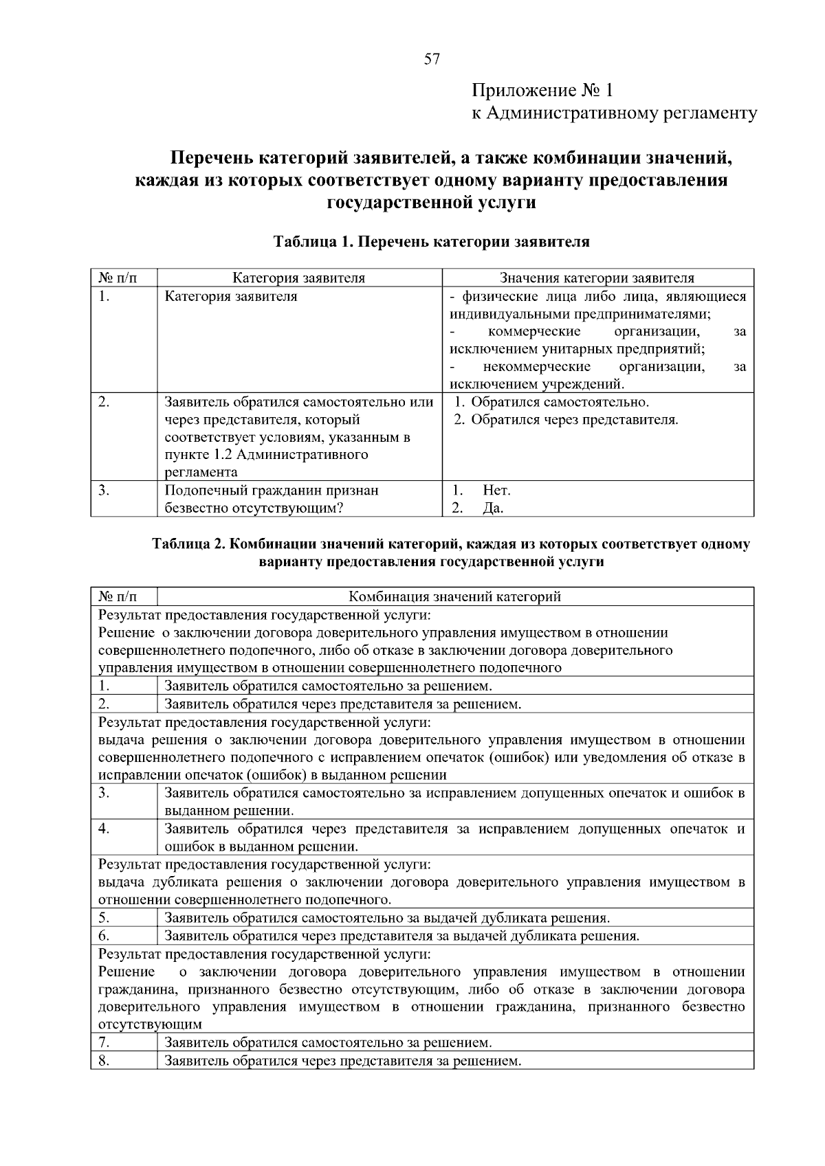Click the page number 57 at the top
[x=431, y=59]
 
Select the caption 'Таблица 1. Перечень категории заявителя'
[x=431, y=242]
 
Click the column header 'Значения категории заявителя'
[x=597, y=278]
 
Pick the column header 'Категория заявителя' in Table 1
[x=298, y=278]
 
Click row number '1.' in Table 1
[x=104, y=297]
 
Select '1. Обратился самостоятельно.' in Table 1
[x=552, y=402]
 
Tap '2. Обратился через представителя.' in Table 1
[x=566, y=419]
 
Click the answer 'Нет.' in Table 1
[x=496, y=491]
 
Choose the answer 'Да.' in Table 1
[x=493, y=508]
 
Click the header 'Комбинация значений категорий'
[x=455, y=596]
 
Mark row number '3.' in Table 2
[x=104, y=793]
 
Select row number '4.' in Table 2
[x=104, y=829]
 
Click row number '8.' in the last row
[x=104, y=1061]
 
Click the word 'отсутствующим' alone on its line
[x=150, y=1024]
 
